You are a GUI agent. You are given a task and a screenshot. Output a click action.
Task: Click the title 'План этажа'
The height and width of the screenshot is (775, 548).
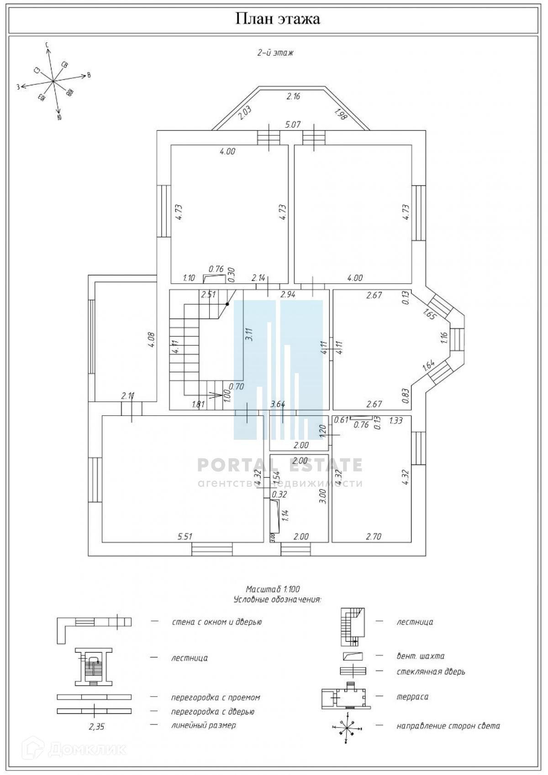pyautogui.click(x=277, y=19)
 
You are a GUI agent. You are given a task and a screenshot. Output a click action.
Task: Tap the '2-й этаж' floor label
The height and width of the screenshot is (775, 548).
pyautogui.click(x=275, y=52)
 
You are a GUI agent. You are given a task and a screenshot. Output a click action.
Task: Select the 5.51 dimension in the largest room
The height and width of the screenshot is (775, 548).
pyautogui.click(x=184, y=536)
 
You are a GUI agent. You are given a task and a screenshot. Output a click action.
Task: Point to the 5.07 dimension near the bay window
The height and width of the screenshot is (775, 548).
pyautogui.click(x=293, y=124)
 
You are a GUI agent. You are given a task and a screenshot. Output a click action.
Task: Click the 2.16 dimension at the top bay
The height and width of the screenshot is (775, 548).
pyautogui.click(x=293, y=96)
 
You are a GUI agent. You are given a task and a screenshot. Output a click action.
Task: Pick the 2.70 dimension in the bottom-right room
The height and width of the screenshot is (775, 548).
pyautogui.click(x=374, y=536)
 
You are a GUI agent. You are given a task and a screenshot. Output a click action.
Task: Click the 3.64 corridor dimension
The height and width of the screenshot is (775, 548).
pyautogui.click(x=278, y=404)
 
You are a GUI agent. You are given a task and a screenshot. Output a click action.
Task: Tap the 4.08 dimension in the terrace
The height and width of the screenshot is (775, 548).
pyautogui.click(x=152, y=340)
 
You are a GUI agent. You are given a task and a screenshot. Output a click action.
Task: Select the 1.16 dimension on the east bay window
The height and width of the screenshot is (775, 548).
pyautogui.click(x=444, y=338)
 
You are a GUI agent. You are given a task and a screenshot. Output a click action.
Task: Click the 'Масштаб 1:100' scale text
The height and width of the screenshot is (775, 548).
pyautogui.click(x=273, y=589)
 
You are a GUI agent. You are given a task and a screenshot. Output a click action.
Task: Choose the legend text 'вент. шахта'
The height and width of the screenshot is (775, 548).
pyautogui.click(x=420, y=656)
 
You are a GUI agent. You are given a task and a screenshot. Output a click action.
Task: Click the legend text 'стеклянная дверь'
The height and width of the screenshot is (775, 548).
pyautogui.click(x=431, y=671)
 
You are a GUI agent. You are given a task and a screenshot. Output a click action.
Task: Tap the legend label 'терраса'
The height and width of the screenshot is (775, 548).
pyautogui.click(x=412, y=697)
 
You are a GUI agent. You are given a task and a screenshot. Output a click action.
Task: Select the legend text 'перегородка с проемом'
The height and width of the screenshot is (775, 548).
pyautogui.click(x=215, y=697)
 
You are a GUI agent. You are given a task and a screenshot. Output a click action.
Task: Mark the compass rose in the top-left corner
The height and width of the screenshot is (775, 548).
pyautogui.click(x=53, y=81)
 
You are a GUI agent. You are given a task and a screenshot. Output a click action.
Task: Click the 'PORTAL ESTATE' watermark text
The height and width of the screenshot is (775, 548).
pyautogui.click(x=280, y=465)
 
